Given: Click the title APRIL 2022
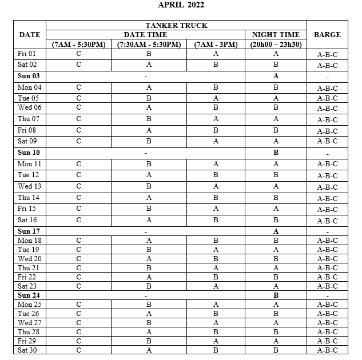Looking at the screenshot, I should [x=181, y=5].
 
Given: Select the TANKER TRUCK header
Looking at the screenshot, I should [x=176, y=26].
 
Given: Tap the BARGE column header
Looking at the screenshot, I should [x=327, y=35].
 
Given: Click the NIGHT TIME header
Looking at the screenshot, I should [x=276, y=35].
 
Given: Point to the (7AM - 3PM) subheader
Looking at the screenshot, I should [x=216, y=45].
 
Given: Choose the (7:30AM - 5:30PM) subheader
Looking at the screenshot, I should [x=149, y=45].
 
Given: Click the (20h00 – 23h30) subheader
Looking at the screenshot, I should [x=276, y=45].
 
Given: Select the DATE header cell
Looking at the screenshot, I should [x=30, y=35].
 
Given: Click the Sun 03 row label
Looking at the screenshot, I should [x=29, y=76].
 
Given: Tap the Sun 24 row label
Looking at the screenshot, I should [x=29, y=295].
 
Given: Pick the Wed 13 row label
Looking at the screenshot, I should [x=29, y=186].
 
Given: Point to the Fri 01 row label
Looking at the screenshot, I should [x=27, y=54].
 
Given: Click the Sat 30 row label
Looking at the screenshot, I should [x=27, y=350].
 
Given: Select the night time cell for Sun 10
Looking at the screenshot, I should [x=276, y=153].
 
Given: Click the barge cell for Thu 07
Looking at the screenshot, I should [x=327, y=120].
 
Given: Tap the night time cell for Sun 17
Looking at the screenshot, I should [x=276, y=231].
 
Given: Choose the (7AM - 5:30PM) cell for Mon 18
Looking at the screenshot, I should [x=78, y=241].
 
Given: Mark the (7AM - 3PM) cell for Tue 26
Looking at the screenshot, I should [x=216, y=314].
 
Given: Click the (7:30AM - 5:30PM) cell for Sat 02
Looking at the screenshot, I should [x=149, y=65].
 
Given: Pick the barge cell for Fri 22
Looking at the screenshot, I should [x=327, y=277].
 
